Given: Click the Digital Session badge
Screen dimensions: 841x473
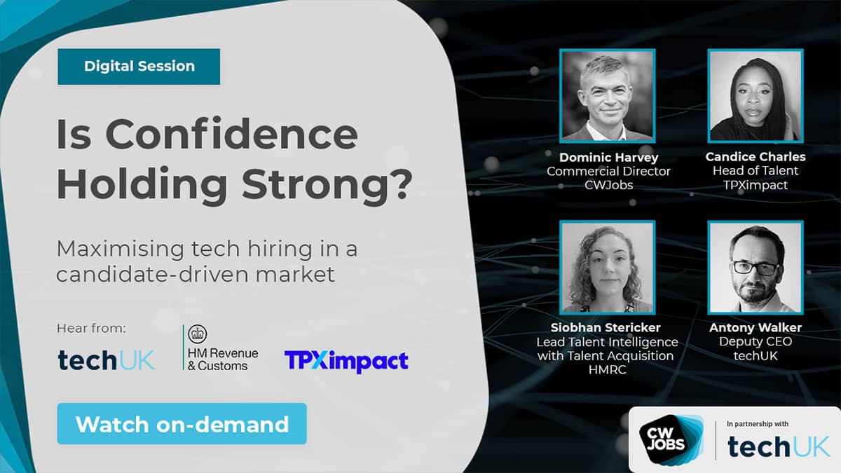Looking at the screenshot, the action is click(139, 67).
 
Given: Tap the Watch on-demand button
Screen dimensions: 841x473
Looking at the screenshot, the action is click(182, 424).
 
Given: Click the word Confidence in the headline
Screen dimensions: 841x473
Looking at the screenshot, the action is click(232, 134).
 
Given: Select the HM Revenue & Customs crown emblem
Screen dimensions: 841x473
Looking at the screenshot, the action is click(198, 334).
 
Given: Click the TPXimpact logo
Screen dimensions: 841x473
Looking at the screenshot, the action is click(346, 361).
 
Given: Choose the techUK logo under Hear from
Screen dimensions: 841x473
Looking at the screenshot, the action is click(107, 360).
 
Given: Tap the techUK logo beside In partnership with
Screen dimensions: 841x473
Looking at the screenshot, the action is click(779, 447).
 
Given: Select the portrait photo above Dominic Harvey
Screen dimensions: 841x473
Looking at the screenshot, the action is click(607, 96).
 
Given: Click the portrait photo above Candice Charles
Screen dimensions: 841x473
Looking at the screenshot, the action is click(755, 96).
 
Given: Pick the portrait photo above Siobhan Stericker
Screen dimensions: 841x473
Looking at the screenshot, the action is click(607, 267).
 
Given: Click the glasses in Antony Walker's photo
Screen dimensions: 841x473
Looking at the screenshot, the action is click(755, 268).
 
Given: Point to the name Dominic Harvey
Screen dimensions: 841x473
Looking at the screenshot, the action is click(608, 157).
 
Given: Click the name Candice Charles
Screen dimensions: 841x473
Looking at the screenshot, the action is click(755, 156).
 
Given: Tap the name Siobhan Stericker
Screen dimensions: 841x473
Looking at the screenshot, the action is click(606, 328).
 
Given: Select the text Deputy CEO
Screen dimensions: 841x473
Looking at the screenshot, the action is click(755, 342).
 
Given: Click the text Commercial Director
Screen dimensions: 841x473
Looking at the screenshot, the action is click(608, 171).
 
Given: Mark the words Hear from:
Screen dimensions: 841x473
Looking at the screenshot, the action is click(91, 328).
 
